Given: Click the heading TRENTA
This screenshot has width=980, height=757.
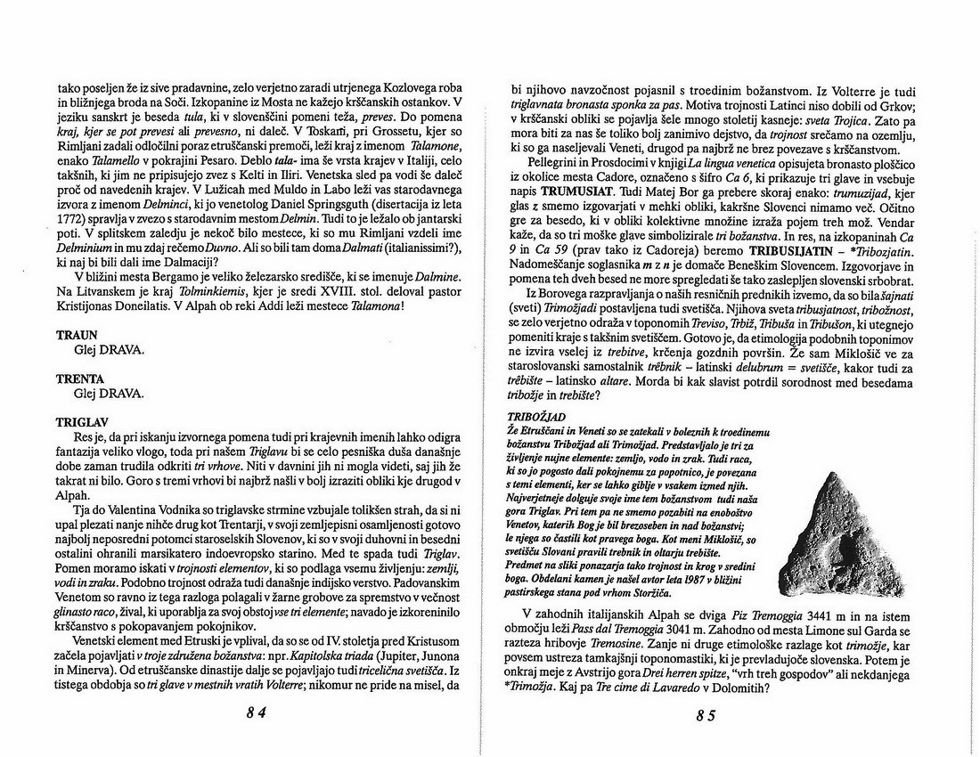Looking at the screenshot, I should (79, 378).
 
